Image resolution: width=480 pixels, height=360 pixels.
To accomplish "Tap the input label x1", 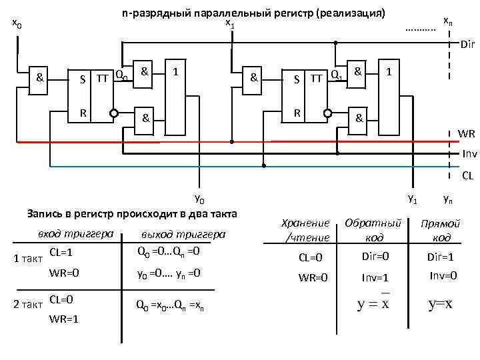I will coord(229,25).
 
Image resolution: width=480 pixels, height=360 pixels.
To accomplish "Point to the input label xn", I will coord(448,21).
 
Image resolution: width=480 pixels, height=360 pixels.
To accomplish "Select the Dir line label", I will coord(467,45).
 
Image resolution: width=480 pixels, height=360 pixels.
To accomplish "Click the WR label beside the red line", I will coord(467,134).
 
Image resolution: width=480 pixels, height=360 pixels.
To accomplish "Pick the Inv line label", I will coord(469,153).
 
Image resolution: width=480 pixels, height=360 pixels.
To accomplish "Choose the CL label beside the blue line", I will coord(468,177).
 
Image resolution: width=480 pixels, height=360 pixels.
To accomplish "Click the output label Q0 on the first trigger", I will coord(121,75).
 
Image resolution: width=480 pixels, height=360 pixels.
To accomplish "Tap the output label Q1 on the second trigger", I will coord(337,75).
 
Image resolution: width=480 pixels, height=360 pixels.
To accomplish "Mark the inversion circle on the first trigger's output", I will coord(114,113).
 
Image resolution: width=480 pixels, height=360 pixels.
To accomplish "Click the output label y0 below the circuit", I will coord(199,199).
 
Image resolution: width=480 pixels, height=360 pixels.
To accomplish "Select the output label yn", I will coord(449,199).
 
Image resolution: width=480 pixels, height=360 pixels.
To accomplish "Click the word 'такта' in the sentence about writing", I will coord(221,214).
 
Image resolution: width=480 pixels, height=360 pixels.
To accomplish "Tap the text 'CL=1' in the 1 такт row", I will coord(61,253).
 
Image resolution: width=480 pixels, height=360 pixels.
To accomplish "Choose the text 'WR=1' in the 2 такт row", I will coord(64,319).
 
